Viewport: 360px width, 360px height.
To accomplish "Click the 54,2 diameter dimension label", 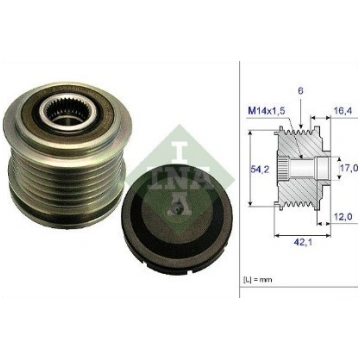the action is [x=257, y=169].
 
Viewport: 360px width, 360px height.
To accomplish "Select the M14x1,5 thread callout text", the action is [x=267, y=111].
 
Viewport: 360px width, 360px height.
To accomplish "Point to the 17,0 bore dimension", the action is [x=349, y=168].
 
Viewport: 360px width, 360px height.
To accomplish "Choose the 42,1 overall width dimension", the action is [x=303, y=242].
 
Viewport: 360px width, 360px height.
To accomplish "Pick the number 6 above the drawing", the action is [x=301, y=91].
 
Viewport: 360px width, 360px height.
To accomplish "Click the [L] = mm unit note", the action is [x=256, y=279].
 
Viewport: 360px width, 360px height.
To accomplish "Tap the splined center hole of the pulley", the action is [x=69, y=111].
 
